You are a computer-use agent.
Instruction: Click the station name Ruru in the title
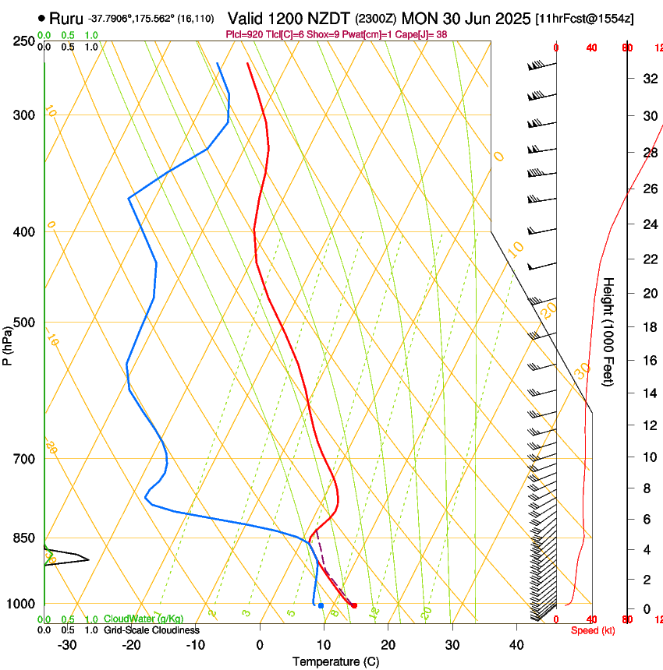click(x=66, y=17)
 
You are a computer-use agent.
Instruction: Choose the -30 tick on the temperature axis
click(x=67, y=645)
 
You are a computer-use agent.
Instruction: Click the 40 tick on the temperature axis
click(x=516, y=645)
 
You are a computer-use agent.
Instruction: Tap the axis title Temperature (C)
click(x=335, y=662)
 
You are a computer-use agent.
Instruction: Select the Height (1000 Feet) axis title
click(x=609, y=332)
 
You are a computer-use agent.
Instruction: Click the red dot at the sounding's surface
click(x=354, y=605)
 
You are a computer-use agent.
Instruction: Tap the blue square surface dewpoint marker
click(x=321, y=605)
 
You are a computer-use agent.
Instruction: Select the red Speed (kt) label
click(x=591, y=630)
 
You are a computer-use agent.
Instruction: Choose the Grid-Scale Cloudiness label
click(x=151, y=630)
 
